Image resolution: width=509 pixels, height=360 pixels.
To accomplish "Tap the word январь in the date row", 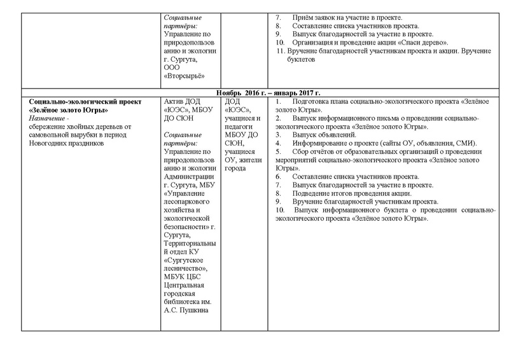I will click(274, 93).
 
